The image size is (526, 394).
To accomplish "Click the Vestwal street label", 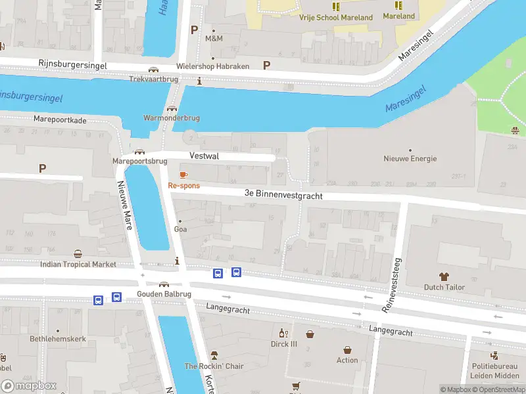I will tap(204, 156).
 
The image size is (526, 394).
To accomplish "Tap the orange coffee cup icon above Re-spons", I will tap(183, 175).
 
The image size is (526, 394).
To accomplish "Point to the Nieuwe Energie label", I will tap(410, 159).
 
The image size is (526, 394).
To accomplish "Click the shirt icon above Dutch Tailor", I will tap(444, 276).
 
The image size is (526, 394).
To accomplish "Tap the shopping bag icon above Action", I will tap(347, 350).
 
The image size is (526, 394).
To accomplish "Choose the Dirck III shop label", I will tap(284, 343).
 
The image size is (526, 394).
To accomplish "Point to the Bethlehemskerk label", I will tap(58, 339).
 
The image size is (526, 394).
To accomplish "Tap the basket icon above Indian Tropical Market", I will tap(78, 254).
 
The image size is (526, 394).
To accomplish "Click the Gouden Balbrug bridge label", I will tap(164, 294).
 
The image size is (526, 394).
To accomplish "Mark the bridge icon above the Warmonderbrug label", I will tap(172, 109).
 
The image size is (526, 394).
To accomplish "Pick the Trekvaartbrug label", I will tap(153, 79).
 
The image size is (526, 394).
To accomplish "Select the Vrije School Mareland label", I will tap(335, 18).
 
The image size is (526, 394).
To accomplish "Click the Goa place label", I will tap(180, 229).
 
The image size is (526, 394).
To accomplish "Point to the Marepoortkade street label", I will tap(60, 120).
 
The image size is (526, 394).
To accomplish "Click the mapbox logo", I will tap(28, 386).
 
